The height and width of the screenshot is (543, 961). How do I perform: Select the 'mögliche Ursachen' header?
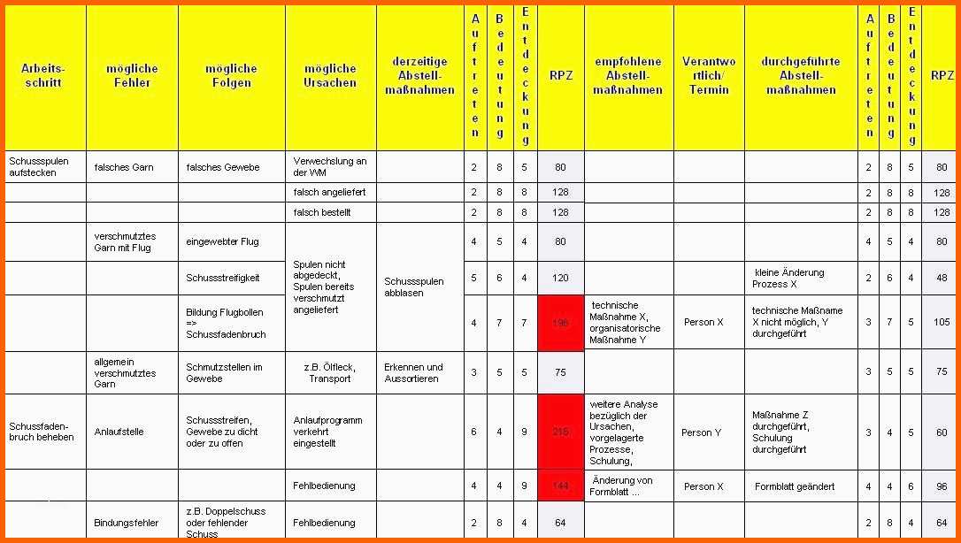click(330, 75)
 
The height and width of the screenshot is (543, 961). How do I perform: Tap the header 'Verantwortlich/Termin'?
click(709, 75)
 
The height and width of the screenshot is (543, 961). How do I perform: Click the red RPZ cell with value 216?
click(560, 432)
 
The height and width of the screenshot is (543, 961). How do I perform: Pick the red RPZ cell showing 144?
click(560, 486)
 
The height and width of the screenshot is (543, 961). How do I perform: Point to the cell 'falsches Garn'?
click(124, 167)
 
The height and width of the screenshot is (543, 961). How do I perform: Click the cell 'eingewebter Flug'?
click(222, 241)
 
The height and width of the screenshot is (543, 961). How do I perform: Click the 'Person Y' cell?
click(701, 432)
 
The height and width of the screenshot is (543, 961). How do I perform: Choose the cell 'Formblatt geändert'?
click(794, 486)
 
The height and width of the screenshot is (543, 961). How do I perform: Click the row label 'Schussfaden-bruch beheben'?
click(42, 432)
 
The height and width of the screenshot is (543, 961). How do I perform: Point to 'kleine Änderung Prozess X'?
click(788, 278)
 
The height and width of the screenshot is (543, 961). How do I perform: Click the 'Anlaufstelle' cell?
click(119, 432)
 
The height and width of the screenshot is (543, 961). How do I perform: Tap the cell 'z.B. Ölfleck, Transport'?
click(330, 372)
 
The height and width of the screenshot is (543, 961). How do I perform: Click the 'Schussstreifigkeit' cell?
click(222, 278)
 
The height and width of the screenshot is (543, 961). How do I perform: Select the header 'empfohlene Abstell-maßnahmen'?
click(628, 75)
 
